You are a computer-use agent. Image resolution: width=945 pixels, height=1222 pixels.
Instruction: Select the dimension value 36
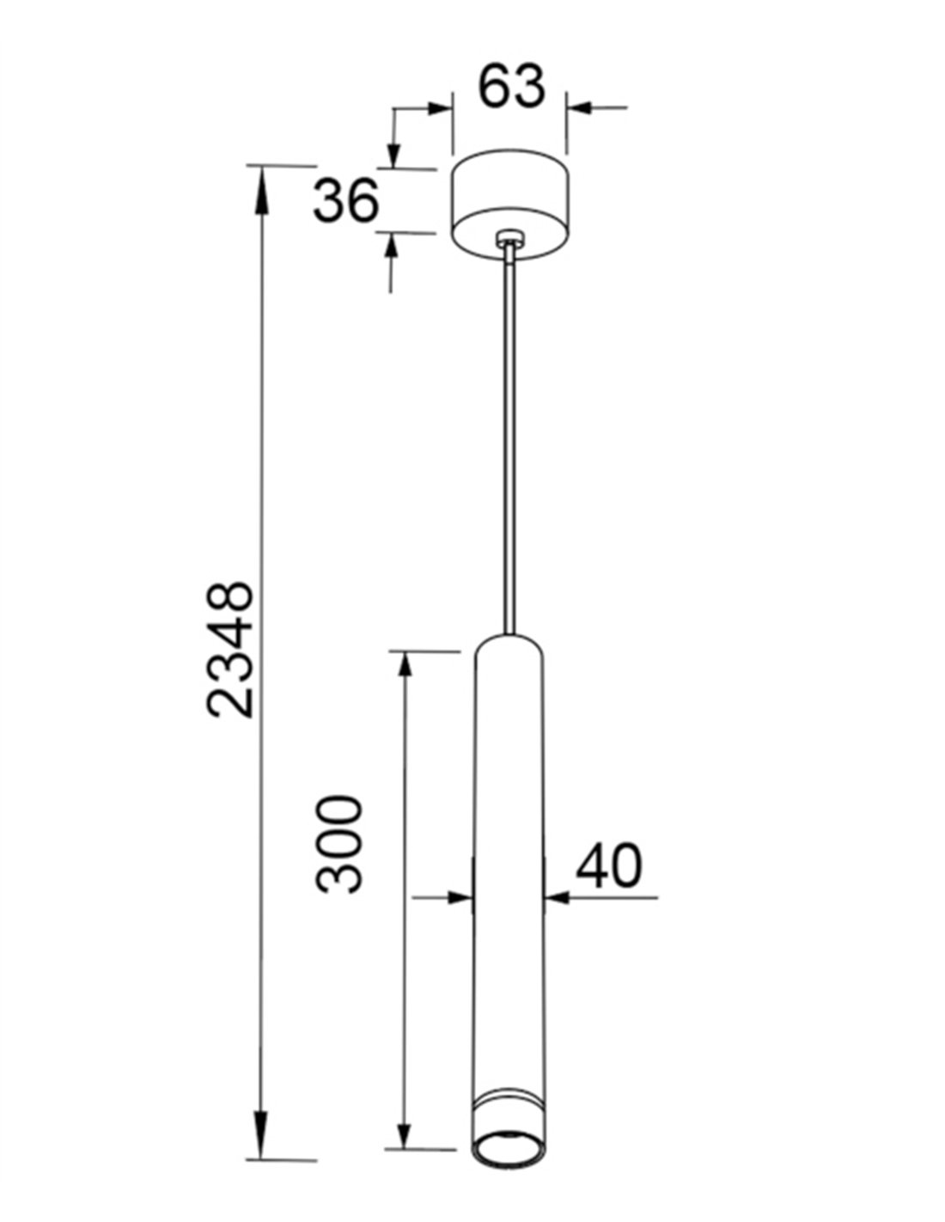coord(345,200)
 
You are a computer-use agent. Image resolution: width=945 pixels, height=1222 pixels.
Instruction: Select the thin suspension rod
coord(509,438)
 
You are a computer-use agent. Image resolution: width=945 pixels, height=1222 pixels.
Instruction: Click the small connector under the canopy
coord(509,238)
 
